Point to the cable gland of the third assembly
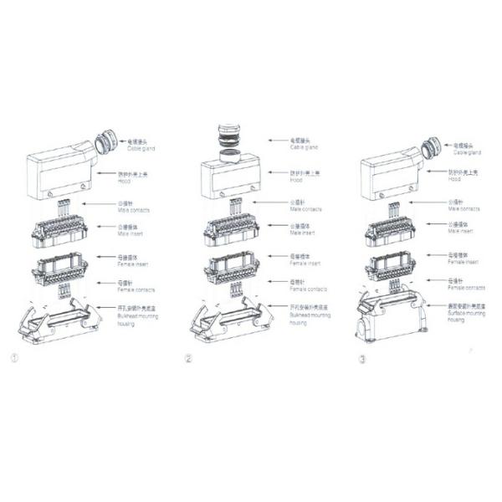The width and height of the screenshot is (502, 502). click(430, 149)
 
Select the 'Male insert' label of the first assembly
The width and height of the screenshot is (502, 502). click(135, 229)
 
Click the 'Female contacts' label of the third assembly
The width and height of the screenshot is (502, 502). click(465, 285)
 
